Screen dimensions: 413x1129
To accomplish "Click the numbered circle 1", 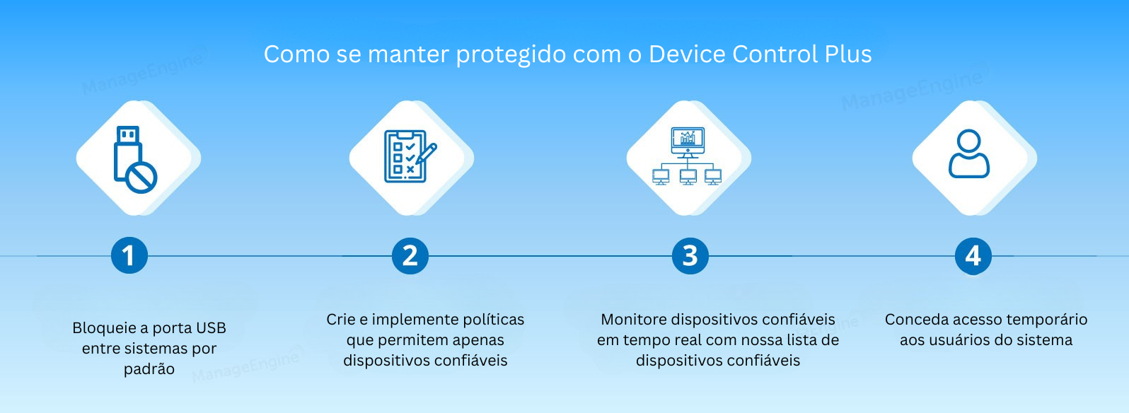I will coord(129,255).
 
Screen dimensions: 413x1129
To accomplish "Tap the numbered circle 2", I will coord(410,255).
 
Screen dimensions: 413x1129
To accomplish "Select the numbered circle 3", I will coord(690,255).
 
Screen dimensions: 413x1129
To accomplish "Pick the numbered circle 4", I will coord(973,255).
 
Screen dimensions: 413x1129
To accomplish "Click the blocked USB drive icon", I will coord(134,158).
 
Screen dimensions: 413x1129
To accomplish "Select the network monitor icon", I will coord(687,156).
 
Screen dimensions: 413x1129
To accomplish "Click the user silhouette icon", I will coord(968,153).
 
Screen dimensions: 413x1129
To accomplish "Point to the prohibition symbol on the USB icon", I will coord(141,177).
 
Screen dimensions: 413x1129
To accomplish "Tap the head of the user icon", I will coord(968,141).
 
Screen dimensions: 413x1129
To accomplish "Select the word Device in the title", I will coord(687,54).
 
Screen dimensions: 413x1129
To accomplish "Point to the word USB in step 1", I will coord(211,328).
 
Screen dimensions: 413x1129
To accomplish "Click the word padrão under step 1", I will coord(149,369).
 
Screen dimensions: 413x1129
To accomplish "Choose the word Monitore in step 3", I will coord(633,320).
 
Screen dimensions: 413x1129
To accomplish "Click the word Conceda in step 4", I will coord(917,320).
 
